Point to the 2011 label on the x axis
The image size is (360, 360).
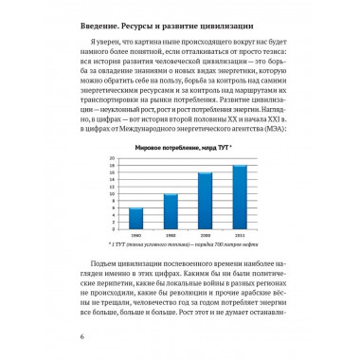(239, 245)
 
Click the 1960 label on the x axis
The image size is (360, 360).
(136, 245)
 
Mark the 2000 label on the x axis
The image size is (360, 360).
(204, 245)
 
